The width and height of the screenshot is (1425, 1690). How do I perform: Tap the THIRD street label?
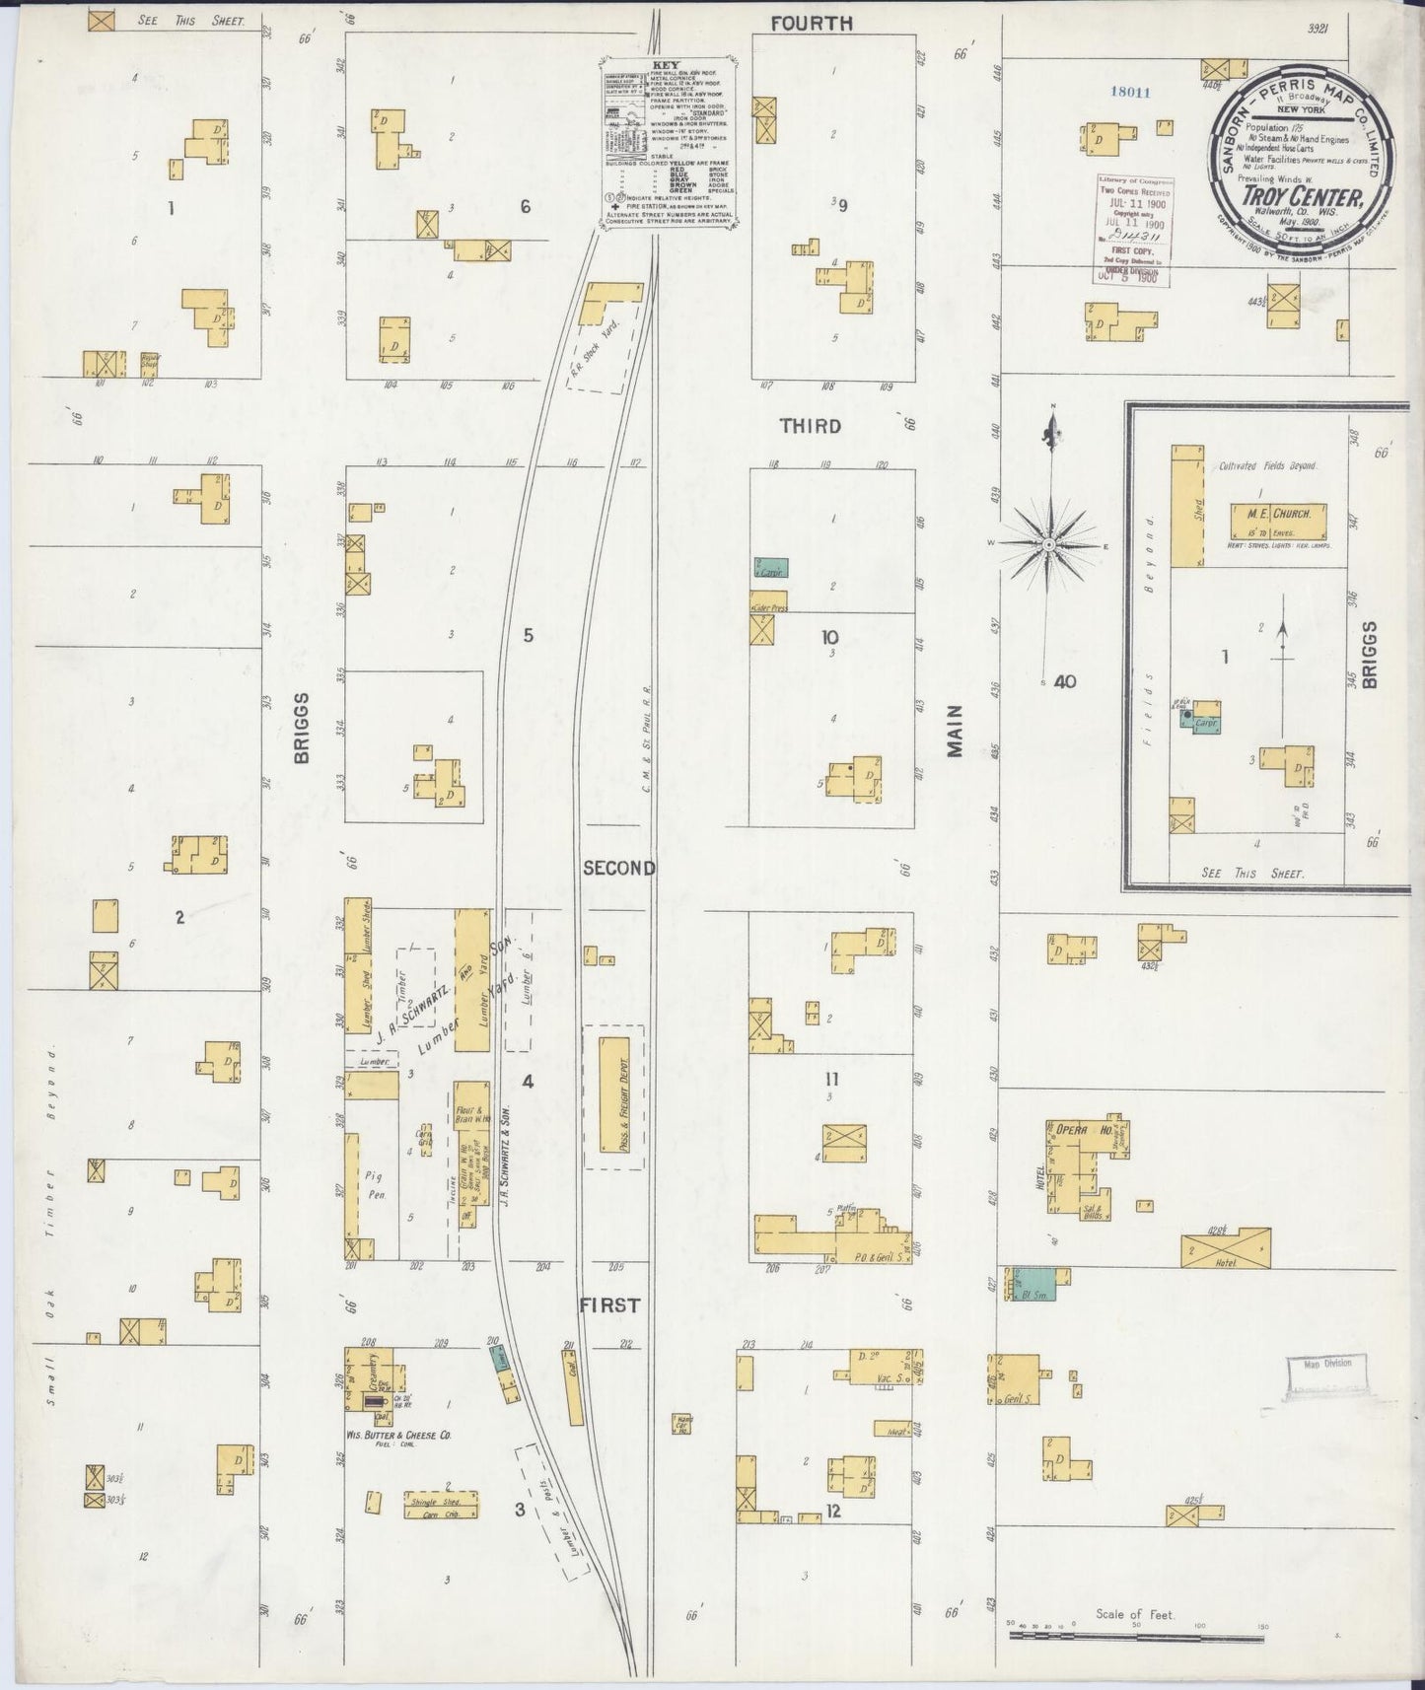tap(811, 426)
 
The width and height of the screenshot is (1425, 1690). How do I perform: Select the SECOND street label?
tap(618, 868)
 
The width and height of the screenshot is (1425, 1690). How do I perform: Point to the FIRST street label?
tap(609, 1304)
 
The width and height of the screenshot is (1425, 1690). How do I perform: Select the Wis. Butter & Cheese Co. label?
tap(396, 1437)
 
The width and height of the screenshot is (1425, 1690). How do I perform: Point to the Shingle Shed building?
tap(441, 1503)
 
